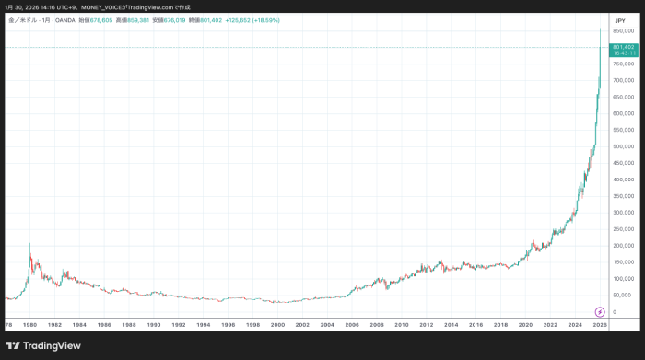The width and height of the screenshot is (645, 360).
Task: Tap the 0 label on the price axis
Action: pyautogui.click(x=614, y=312)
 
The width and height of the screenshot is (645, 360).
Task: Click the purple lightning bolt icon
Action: pyautogui.click(x=600, y=312)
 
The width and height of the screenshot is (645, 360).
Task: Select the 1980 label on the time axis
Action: pyautogui.click(x=29, y=325)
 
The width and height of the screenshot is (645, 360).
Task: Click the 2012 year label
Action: pyautogui.click(x=426, y=325)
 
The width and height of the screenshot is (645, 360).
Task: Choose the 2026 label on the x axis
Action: pyautogui.click(x=600, y=325)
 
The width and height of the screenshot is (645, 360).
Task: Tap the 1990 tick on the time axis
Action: pyautogui.click(x=154, y=325)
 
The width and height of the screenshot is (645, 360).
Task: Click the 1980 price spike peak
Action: pyautogui.click(x=29, y=243)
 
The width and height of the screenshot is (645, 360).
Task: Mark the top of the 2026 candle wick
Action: pyautogui.click(x=601, y=28)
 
